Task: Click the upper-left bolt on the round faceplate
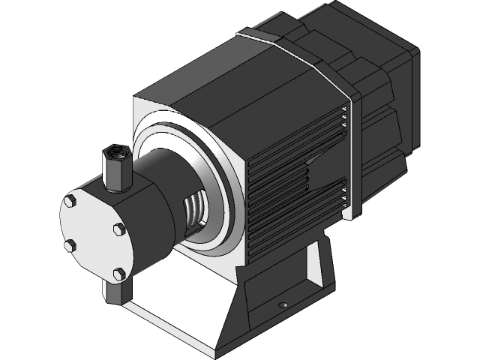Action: pyautogui.click(x=70, y=201)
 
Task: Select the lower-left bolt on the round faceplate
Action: pyautogui.click(x=69, y=244)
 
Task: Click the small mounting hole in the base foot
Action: pyautogui.click(x=283, y=305)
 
